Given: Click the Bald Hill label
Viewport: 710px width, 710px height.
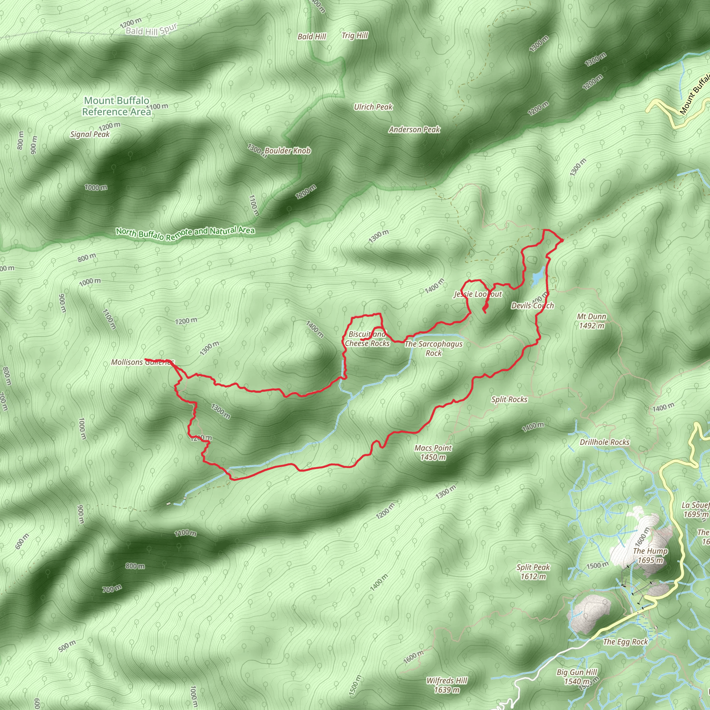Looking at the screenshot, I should (312, 36).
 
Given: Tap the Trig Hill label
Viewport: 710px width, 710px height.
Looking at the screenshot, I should (355, 36).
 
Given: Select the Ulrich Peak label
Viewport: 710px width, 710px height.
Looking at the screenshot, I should (373, 107).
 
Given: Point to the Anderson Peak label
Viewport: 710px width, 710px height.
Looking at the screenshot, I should (414, 129).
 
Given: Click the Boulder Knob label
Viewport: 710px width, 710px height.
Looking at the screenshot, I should (287, 151).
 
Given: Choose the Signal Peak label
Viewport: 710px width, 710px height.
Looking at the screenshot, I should (90, 135).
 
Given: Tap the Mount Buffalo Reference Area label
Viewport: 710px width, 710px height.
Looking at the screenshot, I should (116, 106).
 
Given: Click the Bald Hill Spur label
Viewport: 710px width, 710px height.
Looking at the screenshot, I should (151, 30).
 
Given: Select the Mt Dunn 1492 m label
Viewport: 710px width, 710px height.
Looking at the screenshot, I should (591, 321).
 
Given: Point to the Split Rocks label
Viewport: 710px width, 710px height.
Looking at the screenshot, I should (509, 399).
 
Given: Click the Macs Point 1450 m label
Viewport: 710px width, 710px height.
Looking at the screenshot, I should (433, 452).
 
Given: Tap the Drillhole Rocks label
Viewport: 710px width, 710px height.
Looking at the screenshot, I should (604, 442).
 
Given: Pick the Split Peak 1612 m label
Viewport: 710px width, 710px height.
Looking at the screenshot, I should (533, 571).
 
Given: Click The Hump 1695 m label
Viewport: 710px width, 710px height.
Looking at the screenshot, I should (650, 555).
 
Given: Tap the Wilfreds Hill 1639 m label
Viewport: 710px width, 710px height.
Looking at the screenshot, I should (447, 685).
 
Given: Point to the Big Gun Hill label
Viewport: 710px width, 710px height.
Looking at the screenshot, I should (577, 672).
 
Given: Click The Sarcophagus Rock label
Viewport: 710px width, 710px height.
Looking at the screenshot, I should (433, 348).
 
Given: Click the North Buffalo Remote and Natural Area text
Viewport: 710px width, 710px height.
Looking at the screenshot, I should (185, 233).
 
